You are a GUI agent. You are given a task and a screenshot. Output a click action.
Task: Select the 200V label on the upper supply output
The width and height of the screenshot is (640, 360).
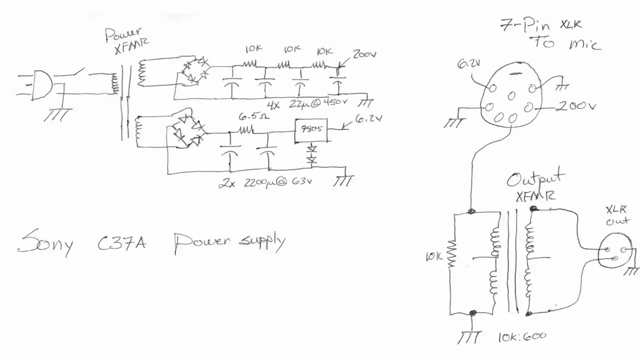coord(364,54)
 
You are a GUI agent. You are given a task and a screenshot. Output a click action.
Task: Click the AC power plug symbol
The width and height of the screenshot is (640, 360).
coord(41,85)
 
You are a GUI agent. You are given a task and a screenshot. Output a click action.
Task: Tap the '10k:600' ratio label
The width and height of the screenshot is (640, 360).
coord(521,336)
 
